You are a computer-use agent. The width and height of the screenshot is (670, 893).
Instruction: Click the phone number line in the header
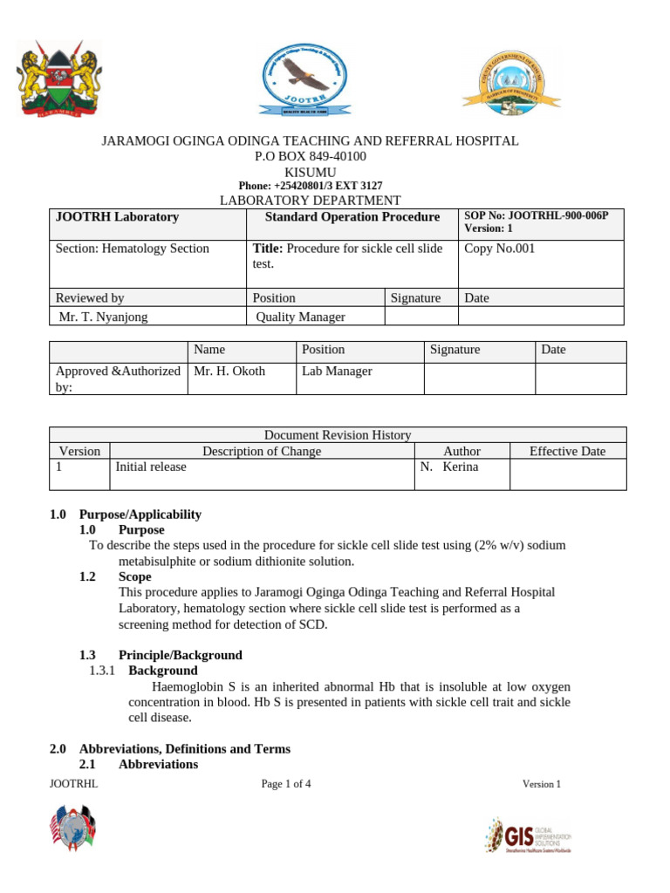[x=311, y=186]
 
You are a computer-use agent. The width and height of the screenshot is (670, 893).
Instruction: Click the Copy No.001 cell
[x=500, y=249]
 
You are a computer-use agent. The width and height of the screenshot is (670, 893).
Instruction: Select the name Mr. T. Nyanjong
[x=103, y=317]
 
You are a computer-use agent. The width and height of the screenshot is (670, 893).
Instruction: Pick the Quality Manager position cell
[x=300, y=317]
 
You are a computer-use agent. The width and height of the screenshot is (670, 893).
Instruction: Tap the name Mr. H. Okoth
[x=229, y=371]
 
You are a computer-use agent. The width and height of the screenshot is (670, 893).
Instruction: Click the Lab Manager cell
[x=337, y=371]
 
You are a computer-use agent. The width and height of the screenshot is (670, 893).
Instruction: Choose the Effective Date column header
[x=567, y=451]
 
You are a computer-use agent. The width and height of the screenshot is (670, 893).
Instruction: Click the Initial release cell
[x=151, y=467]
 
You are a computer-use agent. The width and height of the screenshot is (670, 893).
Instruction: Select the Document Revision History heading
[x=338, y=435]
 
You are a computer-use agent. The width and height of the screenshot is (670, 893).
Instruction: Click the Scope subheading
[x=135, y=576]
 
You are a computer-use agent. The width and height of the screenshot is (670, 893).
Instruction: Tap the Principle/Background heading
[x=181, y=655]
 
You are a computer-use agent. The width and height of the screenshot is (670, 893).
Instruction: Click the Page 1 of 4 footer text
[x=286, y=783]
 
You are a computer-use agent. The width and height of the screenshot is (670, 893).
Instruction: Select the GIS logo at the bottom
[x=528, y=835]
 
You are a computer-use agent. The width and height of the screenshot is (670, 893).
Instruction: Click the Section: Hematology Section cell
[x=133, y=249]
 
